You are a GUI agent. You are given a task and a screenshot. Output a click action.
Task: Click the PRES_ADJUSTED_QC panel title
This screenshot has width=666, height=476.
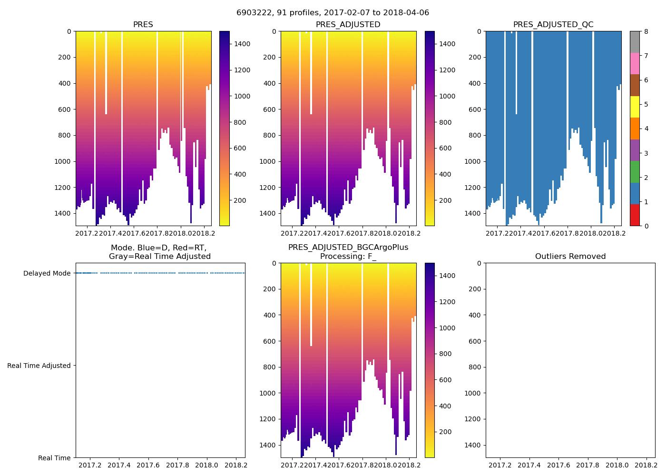click(553, 25)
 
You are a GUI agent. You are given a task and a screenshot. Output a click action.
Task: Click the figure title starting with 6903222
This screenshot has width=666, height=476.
click(333, 13)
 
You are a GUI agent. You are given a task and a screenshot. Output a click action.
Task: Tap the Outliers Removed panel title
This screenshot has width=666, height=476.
click(570, 257)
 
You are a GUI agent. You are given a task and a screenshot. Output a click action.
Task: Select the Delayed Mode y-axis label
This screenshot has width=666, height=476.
click(47, 273)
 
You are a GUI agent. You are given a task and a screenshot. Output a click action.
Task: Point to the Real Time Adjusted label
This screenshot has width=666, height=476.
click(39, 366)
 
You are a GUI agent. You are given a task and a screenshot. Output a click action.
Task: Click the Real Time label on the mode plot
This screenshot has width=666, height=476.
click(54, 458)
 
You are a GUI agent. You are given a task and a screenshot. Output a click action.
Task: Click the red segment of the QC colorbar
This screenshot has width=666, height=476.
click(635, 215)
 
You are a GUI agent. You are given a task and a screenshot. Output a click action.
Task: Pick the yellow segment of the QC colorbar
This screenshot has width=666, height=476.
click(635, 107)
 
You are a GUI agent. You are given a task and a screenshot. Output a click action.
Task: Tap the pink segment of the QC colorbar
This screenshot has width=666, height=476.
click(635, 64)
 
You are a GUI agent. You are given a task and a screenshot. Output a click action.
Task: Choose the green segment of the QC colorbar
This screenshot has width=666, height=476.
click(635, 172)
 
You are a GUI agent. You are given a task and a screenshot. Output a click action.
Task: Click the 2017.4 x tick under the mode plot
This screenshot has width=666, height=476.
click(119, 465)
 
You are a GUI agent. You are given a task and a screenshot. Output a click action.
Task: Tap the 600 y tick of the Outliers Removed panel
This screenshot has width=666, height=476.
click(475, 341)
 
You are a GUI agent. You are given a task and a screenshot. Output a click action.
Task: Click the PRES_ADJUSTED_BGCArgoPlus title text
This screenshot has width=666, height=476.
click(348, 248)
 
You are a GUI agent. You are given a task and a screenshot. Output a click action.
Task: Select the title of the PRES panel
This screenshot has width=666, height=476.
click(143, 25)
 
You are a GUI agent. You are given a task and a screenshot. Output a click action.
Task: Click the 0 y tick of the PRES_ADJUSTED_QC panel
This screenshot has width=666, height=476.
click(479, 31)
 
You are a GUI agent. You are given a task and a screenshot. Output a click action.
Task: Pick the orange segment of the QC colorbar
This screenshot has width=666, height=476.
click(635, 129)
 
